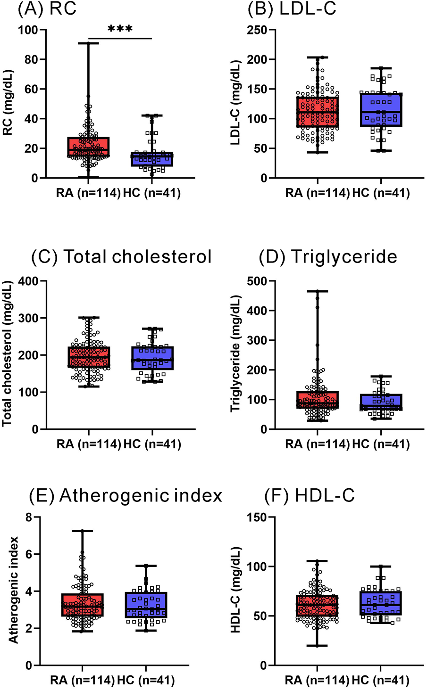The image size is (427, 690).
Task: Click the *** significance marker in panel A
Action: tap(120, 29)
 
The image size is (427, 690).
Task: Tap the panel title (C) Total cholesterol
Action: tap(121, 257)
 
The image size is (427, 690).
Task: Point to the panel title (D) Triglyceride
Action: tap(328, 257)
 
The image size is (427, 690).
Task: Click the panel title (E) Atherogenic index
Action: tap(125, 496)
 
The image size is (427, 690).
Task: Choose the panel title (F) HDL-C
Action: tap(310, 496)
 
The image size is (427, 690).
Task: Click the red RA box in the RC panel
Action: tap(88, 147)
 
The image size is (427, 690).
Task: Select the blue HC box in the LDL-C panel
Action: tap(381, 109)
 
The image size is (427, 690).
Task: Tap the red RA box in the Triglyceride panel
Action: tap(317, 400)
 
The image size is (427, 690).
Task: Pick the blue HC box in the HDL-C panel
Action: tap(381, 603)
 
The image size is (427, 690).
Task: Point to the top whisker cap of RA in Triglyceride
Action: tap(317, 291)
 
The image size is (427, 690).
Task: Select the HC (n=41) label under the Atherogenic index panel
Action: tap(146, 680)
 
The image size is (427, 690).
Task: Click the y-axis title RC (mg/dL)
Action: tap(8, 103)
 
